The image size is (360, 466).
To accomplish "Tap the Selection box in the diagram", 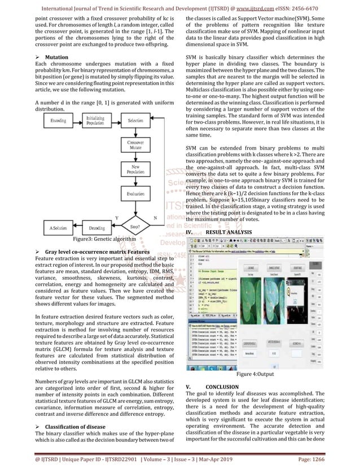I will coord(135,121).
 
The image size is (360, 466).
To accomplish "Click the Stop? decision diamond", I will coord(135,227).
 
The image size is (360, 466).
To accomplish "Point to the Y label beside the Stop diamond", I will coord(117,217).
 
